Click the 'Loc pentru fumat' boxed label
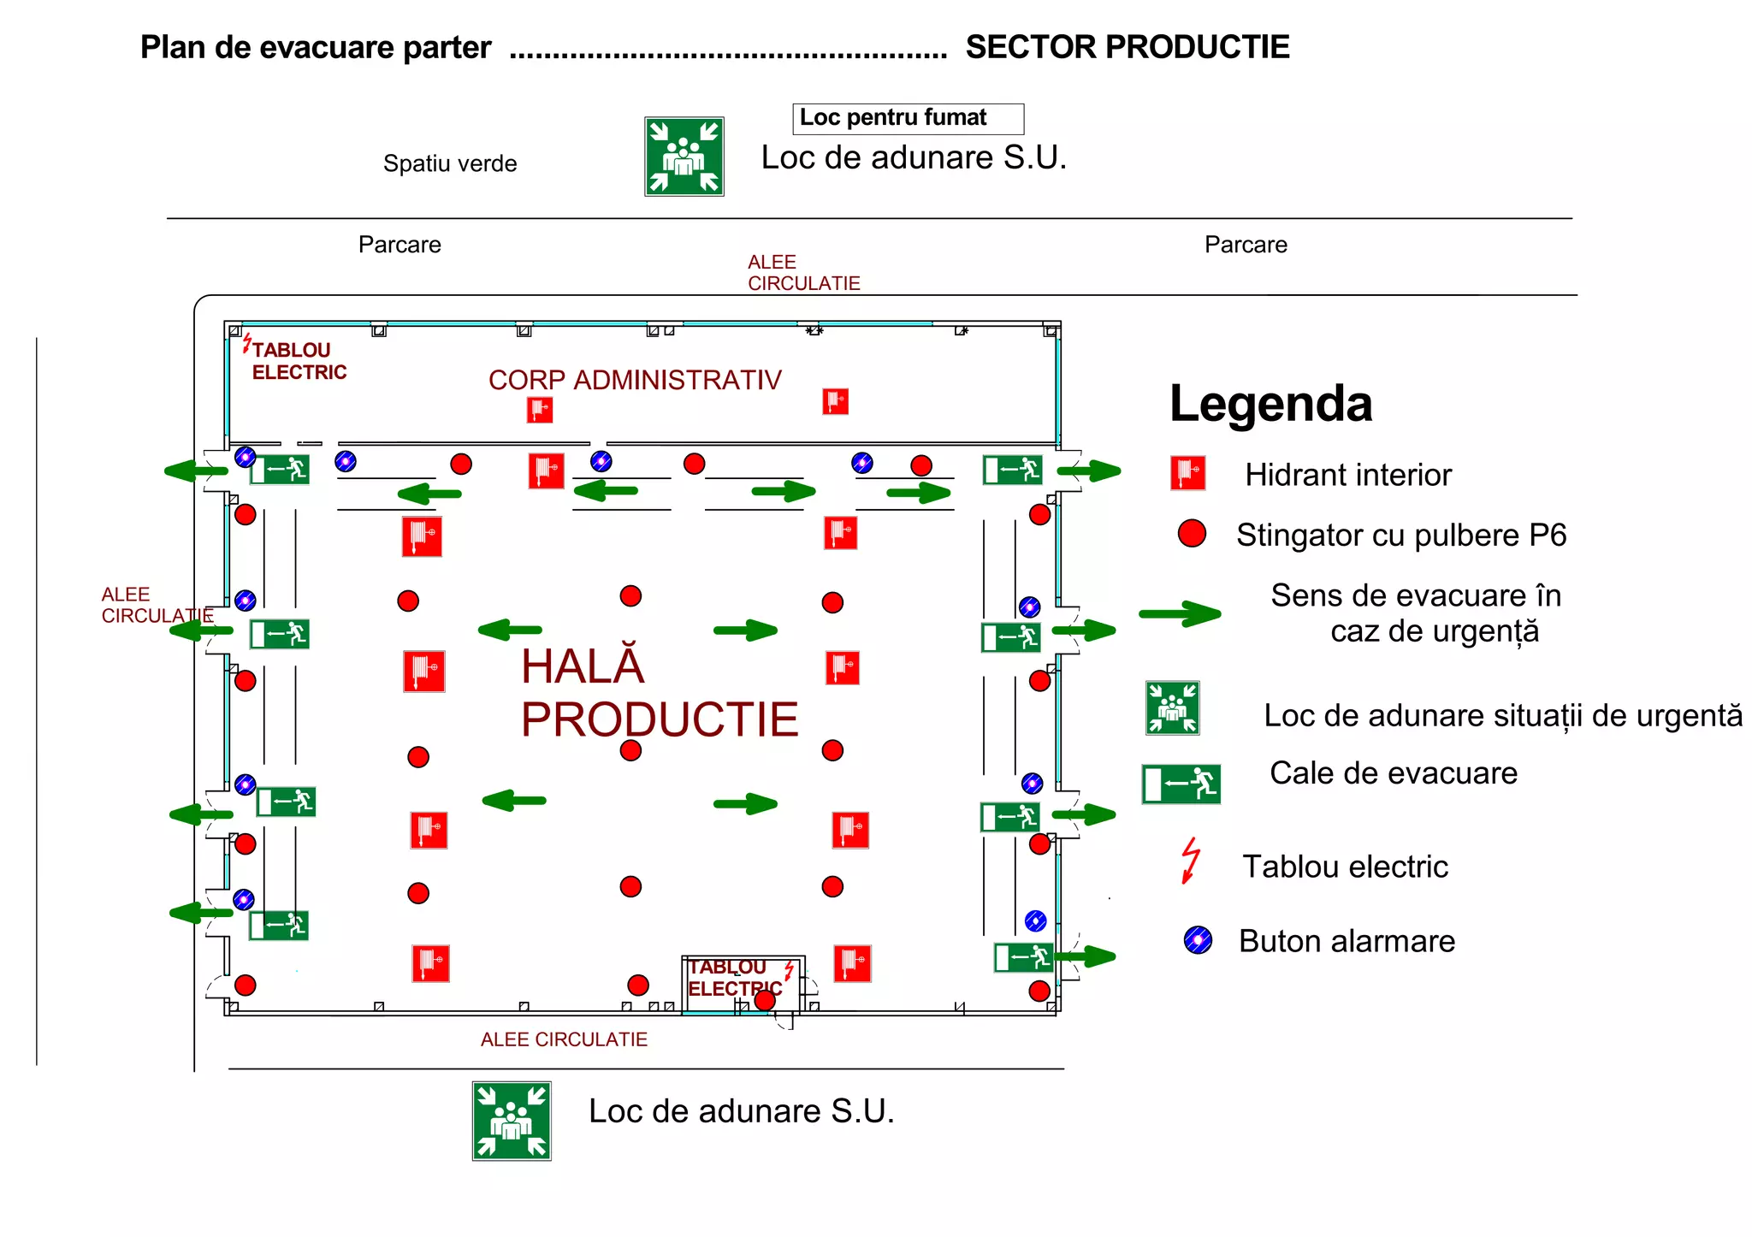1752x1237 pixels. point(907,118)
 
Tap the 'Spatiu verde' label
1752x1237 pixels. point(450,163)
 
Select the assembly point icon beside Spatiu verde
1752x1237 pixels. point(684,157)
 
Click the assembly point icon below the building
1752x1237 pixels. point(512,1121)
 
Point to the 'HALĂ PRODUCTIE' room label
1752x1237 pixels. point(659,693)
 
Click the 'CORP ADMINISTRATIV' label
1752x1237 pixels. point(635,380)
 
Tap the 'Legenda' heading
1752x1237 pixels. point(1270,404)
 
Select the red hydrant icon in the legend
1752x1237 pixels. point(1187,473)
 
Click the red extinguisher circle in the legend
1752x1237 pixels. point(1192,533)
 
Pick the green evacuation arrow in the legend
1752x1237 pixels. point(1180,613)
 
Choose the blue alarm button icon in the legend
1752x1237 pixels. point(1198,940)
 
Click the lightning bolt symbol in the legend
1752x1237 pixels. point(1190,861)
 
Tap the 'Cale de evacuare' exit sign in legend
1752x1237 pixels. point(1181,784)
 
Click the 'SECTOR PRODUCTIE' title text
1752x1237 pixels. point(1127,47)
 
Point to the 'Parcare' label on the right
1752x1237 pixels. point(1245,245)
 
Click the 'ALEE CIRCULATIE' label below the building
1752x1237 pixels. point(564,1039)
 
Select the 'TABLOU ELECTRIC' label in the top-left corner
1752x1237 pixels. point(298,361)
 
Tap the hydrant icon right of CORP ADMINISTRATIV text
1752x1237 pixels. point(835,401)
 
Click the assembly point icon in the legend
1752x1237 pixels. point(1172,708)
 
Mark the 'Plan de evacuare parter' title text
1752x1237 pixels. point(316,48)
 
